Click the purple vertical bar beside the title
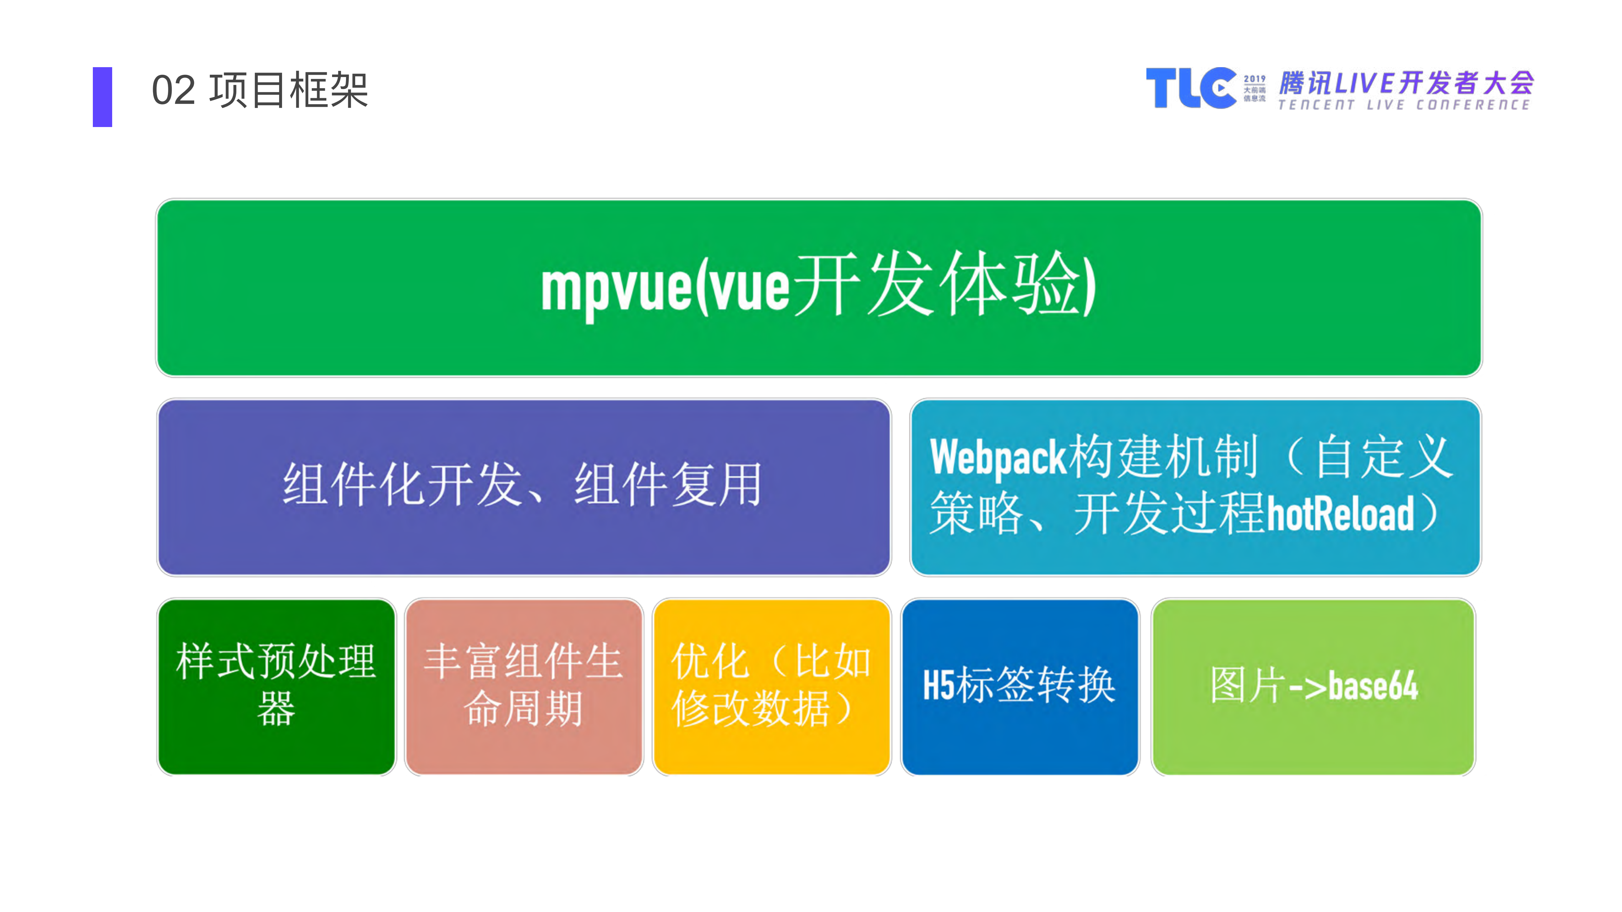point(102,97)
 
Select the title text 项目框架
point(288,91)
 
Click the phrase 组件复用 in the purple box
point(667,485)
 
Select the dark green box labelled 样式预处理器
point(276,686)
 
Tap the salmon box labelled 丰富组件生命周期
point(524,686)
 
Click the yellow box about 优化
point(771,686)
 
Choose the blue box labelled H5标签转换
point(1019,686)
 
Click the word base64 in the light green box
point(1373,686)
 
